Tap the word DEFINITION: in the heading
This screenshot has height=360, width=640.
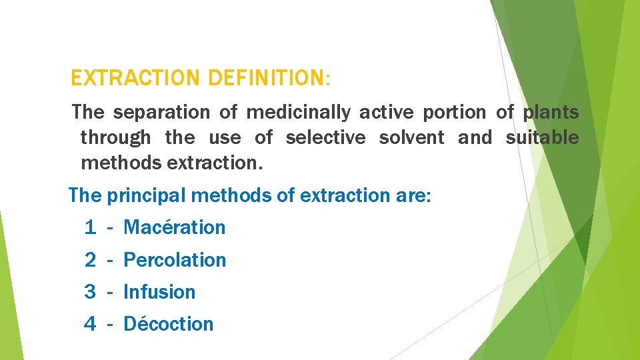[269, 79]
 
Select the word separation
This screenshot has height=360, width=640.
[160, 113]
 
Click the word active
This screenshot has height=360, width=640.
[386, 113]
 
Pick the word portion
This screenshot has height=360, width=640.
[453, 113]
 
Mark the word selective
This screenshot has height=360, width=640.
[325, 138]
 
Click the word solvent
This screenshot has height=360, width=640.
[411, 138]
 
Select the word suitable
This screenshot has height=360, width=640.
[542, 138]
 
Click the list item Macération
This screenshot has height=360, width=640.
[175, 227]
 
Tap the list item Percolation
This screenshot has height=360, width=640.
[175, 260]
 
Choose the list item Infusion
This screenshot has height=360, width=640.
[159, 292]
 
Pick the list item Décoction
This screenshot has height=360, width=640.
[169, 324]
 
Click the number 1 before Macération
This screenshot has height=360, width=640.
[90, 227]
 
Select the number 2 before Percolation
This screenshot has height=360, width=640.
[90, 260]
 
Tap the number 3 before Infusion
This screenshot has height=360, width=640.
[90, 292]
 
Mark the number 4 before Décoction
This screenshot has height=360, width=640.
[90, 324]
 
